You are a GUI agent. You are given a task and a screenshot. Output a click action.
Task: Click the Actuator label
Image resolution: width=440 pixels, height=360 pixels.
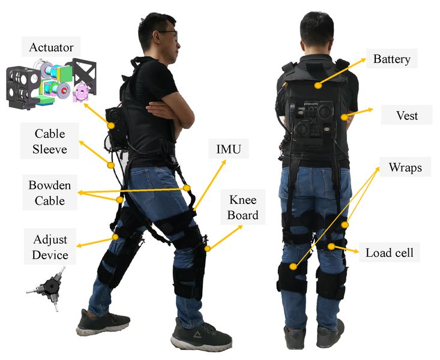pos(51,47)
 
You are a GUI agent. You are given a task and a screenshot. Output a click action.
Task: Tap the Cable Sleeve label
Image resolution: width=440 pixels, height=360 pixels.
pos(50,141)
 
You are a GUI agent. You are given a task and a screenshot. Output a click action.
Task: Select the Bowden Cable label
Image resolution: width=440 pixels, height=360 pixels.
pos(50,193)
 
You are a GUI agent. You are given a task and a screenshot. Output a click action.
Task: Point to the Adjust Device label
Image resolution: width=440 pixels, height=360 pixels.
pos(50,247)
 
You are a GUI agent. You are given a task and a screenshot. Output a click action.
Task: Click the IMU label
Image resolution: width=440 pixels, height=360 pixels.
pos(229,149)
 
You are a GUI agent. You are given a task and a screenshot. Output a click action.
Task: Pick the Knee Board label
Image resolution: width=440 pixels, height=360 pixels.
pos(243,208)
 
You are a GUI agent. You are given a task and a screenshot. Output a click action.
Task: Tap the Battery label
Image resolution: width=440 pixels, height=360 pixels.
pos(392,59)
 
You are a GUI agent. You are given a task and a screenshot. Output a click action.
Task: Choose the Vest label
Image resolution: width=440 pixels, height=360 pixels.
pos(407,115)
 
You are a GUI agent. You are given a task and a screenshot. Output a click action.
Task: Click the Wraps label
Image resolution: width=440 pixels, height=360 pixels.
pos(405,167)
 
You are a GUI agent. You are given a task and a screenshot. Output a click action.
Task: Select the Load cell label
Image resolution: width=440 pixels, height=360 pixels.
pos(390,253)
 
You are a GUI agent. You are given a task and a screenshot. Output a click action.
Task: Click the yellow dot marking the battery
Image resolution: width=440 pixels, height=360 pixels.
pos(318,85)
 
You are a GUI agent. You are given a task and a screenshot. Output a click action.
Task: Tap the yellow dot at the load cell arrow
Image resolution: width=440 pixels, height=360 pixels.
pos(331,247)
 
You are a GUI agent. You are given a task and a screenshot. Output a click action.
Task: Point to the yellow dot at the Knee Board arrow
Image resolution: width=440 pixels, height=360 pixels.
pos(207,248)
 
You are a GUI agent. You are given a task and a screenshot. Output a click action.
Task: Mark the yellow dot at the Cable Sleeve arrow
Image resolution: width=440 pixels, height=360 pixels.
pos(111,165)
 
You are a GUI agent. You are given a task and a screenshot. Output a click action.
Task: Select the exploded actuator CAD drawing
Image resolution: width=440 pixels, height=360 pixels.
pos(52,83)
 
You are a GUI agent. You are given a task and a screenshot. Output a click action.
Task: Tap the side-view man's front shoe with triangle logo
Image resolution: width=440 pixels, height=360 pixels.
pos(201,335)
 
